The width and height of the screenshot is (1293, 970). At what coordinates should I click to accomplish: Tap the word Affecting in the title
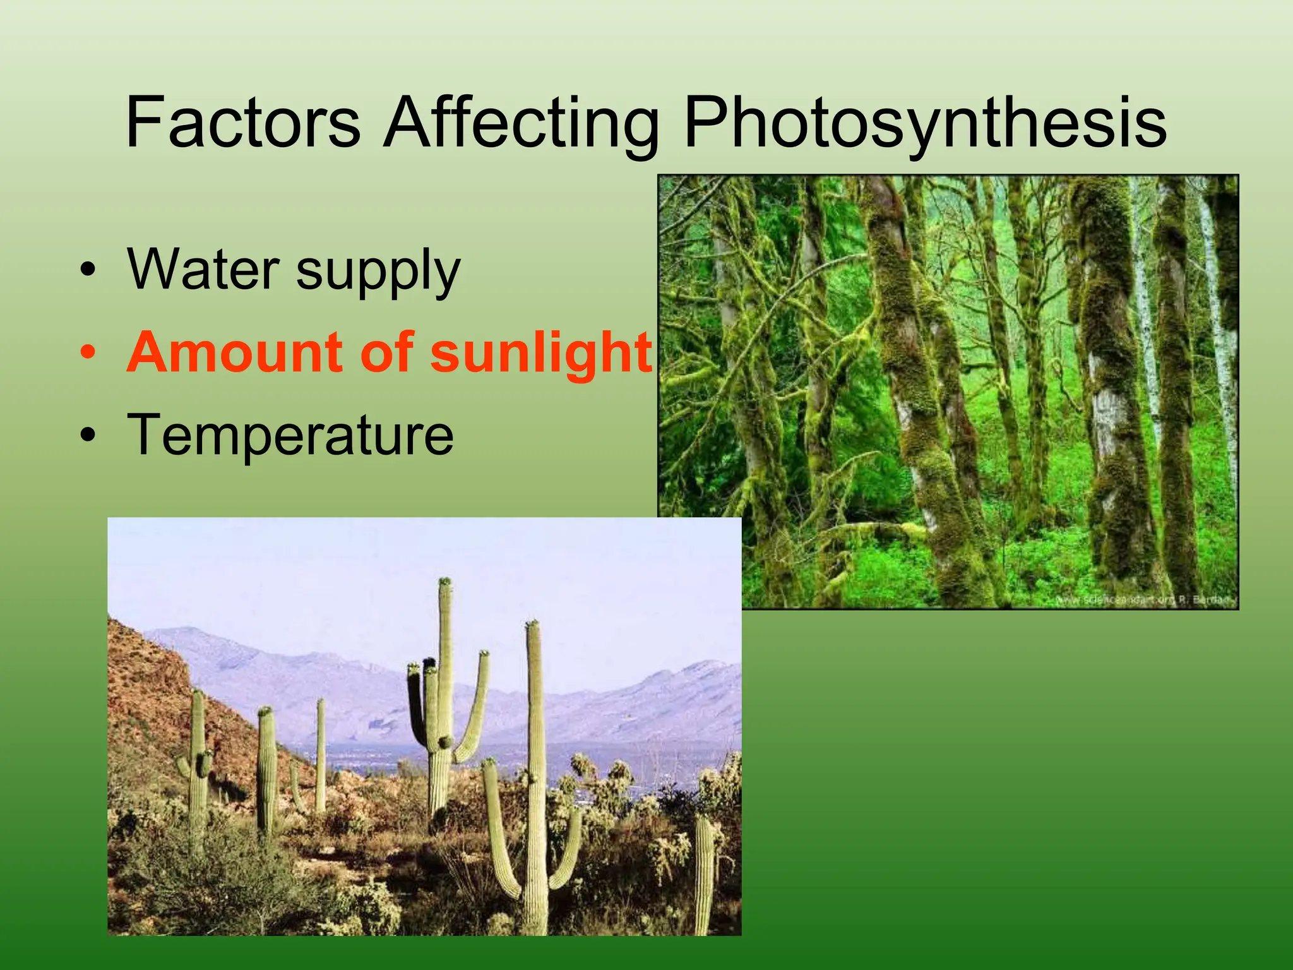pyautogui.click(x=521, y=123)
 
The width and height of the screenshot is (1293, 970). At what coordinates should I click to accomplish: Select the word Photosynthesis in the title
pyautogui.click(x=924, y=123)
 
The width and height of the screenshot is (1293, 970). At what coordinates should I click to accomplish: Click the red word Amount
pyautogui.click(x=237, y=352)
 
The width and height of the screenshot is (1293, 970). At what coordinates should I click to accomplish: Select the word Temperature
pyautogui.click(x=290, y=436)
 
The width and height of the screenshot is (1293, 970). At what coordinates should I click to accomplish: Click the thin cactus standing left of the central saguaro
pyautogui.click(x=321, y=751)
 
